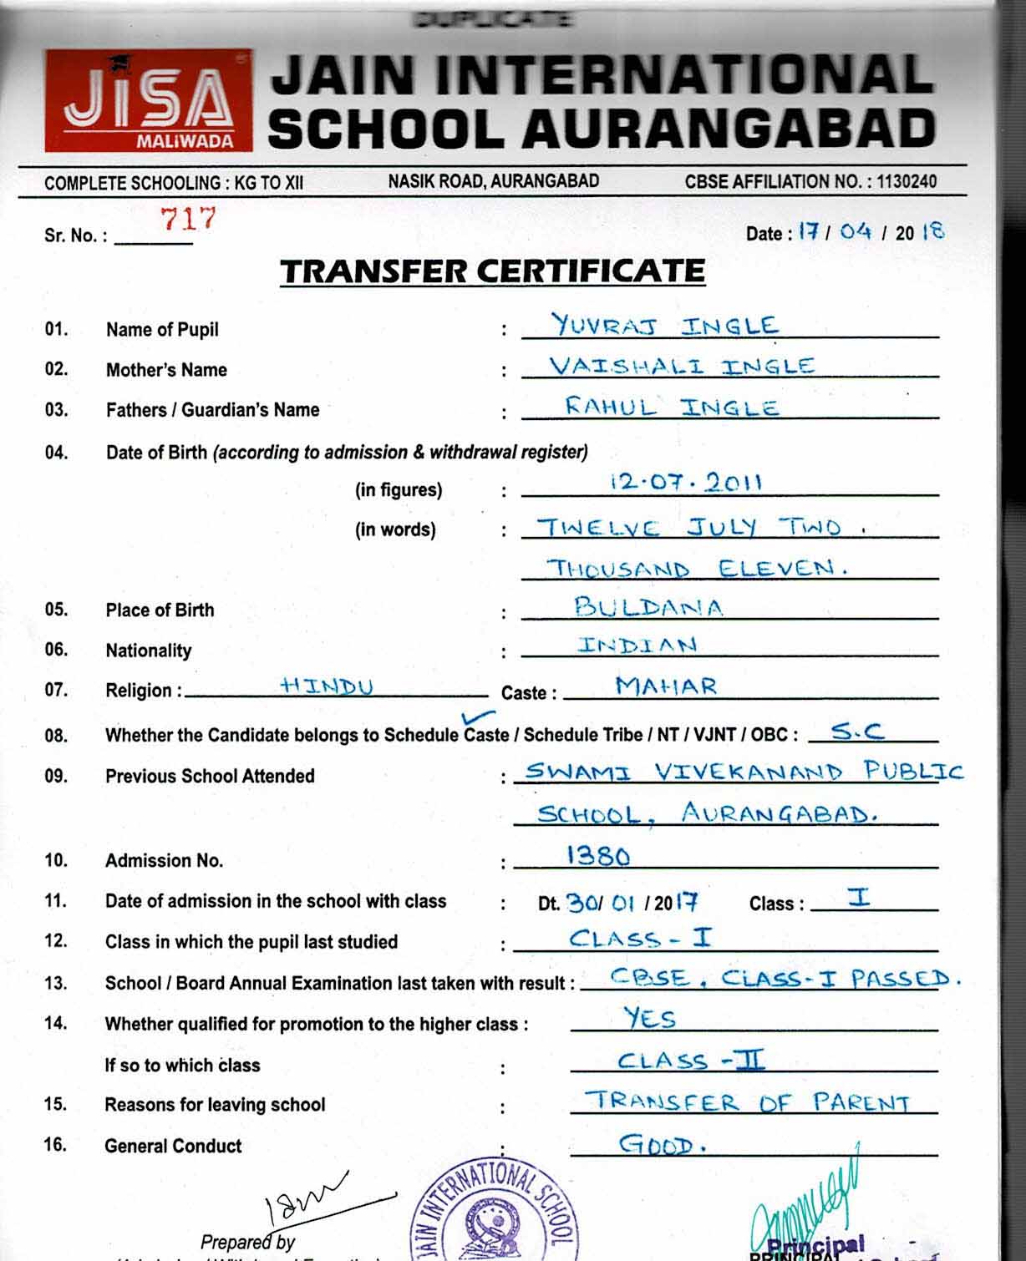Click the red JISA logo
[x=148, y=100]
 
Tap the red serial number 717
[x=189, y=219]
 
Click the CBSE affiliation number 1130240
[x=902, y=181]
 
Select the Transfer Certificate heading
[x=492, y=271]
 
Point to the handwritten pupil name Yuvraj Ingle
[x=664, y=325]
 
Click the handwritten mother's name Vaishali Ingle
[x=681, y=366]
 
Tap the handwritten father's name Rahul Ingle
[x=672, y=407]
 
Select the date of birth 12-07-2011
[x=686, y=482]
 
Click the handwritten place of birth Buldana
[x=648, y=606]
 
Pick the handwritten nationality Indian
[x=637, y=646]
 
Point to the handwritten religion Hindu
[x=327, y=686]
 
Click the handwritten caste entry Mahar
[x=666, y=686]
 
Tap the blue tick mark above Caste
[x=478, y=717]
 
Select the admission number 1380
[x=598, y=855]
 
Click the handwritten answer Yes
[x=649, y=1018]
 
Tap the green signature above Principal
[x=807, y=1203]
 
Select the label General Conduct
[x=173, y=1146]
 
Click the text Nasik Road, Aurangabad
[x=493, y=180]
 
